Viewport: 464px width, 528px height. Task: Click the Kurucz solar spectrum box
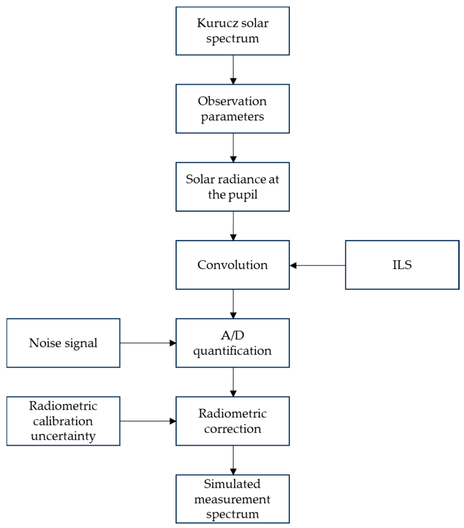232,31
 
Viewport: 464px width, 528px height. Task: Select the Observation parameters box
232,108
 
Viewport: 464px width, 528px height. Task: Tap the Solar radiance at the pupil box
232,187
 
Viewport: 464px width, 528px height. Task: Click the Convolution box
232,265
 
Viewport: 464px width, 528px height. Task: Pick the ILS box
402,265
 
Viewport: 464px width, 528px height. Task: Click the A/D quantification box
232,343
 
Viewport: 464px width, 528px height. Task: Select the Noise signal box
63,343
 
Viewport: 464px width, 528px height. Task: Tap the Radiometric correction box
232,421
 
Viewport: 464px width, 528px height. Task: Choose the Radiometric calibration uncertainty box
63,421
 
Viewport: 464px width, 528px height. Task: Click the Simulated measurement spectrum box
232,499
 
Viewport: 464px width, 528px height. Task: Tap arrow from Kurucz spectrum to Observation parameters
233,70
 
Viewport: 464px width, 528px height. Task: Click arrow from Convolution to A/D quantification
233,304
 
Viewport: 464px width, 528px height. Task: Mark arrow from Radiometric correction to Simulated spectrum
233,460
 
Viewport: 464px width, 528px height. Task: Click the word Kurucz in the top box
218,23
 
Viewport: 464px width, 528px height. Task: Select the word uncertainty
63,436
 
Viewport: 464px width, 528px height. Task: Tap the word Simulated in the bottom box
232,484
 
